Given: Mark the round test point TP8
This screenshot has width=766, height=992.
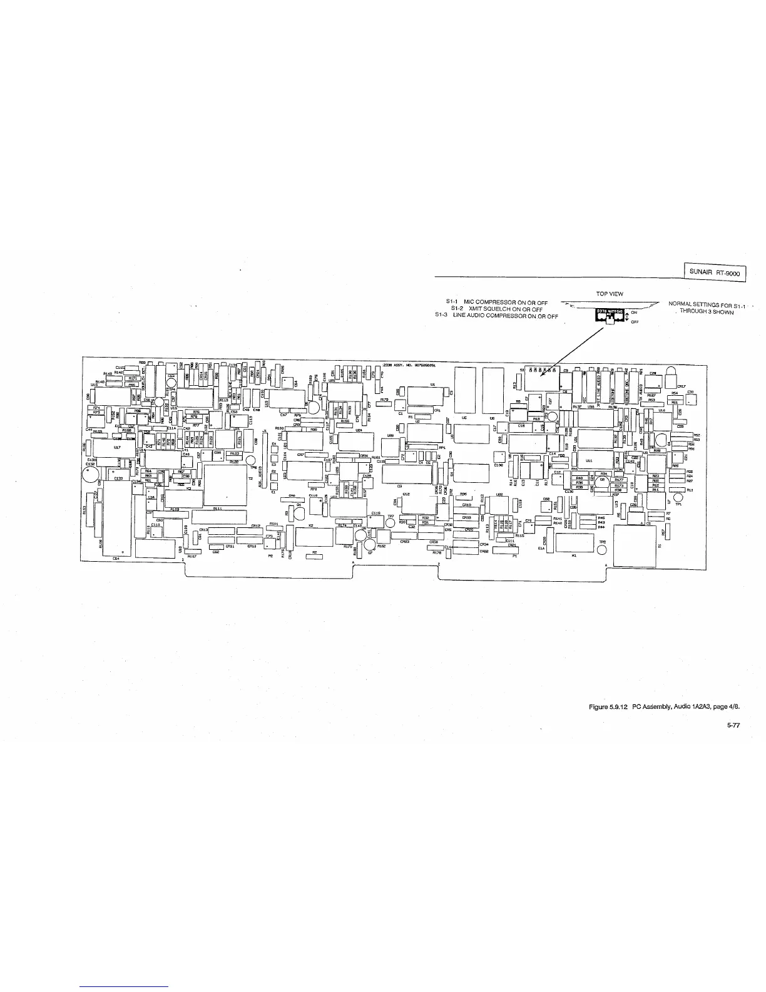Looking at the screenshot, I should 602,550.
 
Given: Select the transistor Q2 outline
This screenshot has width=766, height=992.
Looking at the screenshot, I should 602,481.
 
